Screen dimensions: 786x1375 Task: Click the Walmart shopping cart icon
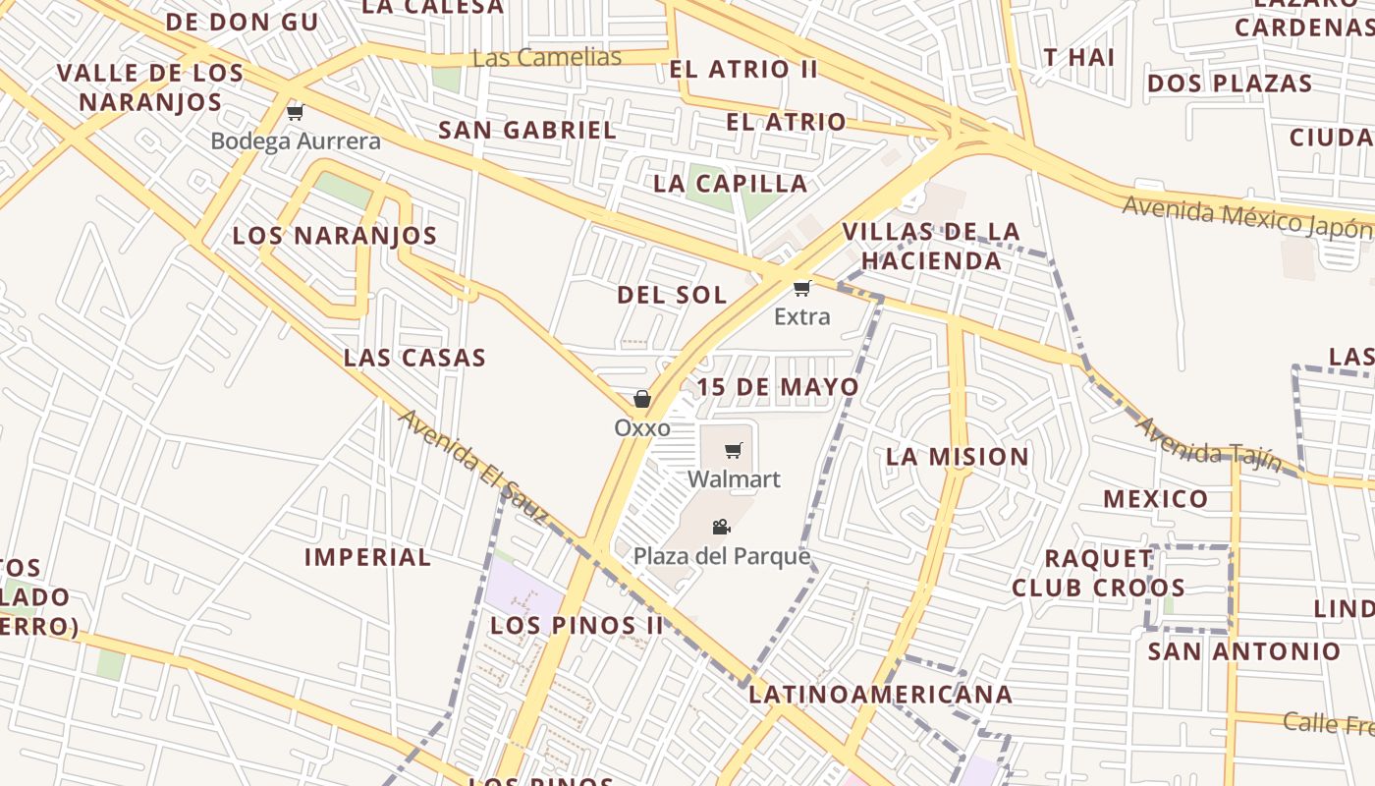tap(734, 451)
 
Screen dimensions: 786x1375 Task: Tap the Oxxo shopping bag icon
tap(642, 399)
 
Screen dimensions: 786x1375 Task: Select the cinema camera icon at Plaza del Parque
tap(722, 528)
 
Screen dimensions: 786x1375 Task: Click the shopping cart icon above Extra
tap(802, 288)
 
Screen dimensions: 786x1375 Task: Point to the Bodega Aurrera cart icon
tap(295, 112)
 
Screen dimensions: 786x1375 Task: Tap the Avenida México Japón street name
tap(1247, 217)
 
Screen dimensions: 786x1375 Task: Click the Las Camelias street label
tap(547, 57)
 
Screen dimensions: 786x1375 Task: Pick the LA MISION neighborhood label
tap(958, 457)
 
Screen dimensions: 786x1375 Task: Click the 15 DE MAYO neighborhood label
tap(779, 387)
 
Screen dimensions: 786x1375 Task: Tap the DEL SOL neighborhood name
tap(673, 295)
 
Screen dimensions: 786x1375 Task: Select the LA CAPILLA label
tap(731, 184)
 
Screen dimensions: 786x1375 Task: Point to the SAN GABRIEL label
tap(527, 130)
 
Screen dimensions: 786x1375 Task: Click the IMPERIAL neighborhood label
tap(368, 557)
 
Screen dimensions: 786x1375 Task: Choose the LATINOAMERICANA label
tap(881, 695)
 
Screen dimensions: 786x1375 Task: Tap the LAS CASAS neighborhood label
tap(415, 358)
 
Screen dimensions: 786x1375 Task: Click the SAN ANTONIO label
tap(1244, 651)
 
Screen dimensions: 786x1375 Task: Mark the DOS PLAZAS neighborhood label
tap(1230, 84)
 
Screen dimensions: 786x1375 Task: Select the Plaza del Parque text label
tap(722, 557)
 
